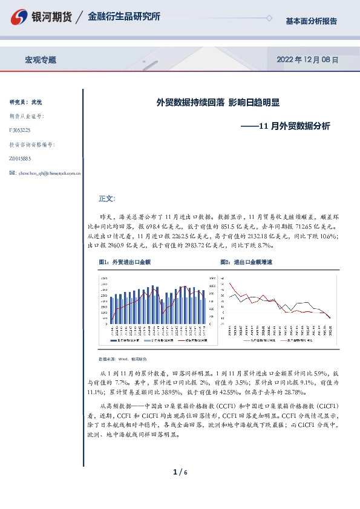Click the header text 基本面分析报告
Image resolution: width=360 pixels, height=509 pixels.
(311, 21)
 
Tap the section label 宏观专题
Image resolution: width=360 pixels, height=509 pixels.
(40, 60)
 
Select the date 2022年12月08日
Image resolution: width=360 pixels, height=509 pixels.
(307, 60)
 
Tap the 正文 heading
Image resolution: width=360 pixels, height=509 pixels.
(106, 198)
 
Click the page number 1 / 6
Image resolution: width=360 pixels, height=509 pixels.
(180, 472)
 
